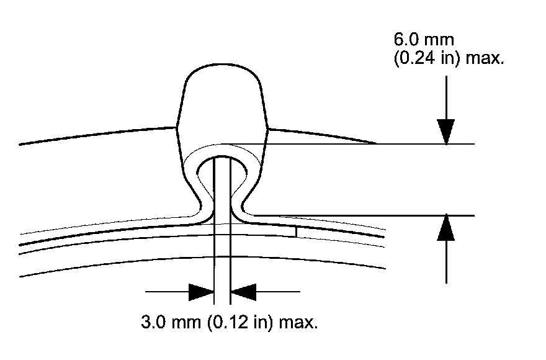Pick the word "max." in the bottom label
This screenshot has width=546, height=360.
[x=298, y=323]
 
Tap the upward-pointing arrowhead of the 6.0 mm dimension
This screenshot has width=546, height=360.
[x=446, y=228]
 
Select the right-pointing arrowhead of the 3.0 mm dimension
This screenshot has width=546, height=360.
[x=201, y=291]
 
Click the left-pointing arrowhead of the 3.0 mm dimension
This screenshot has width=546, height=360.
[x=243, y=291]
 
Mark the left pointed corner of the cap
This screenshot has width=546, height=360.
[x=178, y=128]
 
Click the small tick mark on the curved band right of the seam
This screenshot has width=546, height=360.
[x=297, y=231]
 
